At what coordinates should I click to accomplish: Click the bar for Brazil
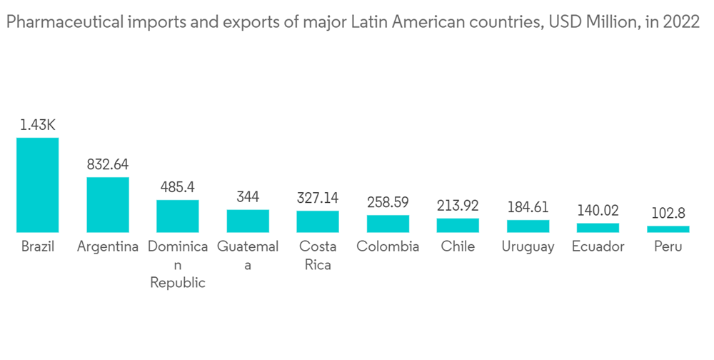pos(37,184)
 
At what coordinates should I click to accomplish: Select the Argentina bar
pos(107,204)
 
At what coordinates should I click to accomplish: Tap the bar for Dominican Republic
pos(178,216)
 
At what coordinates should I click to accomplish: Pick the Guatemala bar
pos(248,221)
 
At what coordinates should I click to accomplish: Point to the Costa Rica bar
pos(318,221)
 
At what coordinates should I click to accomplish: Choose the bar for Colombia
pos(388,224)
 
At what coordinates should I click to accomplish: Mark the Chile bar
pos(458,225)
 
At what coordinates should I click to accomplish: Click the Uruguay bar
pos(528,226)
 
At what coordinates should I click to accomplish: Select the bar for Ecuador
pos(598,227)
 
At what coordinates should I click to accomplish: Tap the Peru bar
pos(668,229)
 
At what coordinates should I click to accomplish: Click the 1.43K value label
pos(37,125)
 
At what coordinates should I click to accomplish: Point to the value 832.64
pos(107,164)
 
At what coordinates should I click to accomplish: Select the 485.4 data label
pos(178,187)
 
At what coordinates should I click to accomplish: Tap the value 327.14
pos(318,198)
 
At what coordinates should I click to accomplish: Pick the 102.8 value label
pos(668,213)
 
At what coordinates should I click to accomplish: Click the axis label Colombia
pos(388,247)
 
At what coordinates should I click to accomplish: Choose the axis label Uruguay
pos(528,247)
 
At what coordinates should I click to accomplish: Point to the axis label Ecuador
pos(598,247)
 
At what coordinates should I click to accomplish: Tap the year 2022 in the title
pos(681,23)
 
